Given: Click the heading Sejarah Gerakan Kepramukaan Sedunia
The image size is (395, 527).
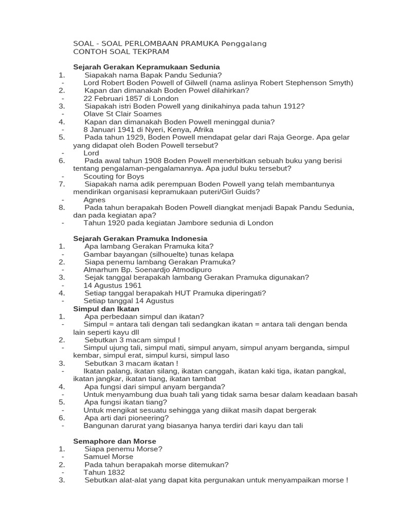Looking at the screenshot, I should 147,67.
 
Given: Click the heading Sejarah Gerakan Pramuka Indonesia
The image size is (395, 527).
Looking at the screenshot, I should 140,238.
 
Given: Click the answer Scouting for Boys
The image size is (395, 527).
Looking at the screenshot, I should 114,176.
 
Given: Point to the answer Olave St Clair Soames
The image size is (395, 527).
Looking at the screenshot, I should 122,114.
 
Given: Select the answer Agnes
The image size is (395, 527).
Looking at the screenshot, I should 94,200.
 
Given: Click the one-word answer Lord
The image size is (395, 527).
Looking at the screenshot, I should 91,153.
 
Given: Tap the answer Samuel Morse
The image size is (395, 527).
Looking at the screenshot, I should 108,456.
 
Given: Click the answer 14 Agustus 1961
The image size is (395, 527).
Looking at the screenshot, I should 112,285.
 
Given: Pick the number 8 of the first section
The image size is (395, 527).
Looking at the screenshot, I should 62,207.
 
